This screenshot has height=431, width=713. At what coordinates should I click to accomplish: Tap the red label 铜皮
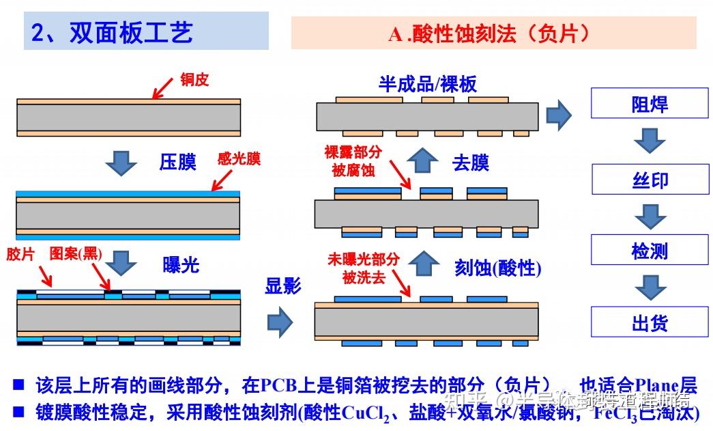point(194,80)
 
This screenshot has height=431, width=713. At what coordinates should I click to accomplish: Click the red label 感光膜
point(239,159)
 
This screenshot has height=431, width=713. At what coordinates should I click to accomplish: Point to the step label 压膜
point(177,163)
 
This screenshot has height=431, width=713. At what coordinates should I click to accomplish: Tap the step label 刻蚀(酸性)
point(498,268)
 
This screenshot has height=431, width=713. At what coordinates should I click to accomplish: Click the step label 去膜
point(471,163)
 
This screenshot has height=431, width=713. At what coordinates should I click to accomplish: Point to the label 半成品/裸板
point(428,84)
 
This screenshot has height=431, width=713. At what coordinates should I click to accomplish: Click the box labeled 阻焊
point(650,105)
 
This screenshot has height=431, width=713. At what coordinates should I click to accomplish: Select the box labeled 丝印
point(650,180)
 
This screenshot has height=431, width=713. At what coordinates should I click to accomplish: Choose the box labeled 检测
point(650,251)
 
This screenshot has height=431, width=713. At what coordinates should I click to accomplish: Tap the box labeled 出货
point(650,323)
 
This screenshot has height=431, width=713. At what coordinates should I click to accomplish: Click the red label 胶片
point(20,254)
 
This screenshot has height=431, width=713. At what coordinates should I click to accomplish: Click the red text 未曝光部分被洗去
point(362,268)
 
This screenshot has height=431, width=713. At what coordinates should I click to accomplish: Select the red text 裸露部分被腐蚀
point(353,161)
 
